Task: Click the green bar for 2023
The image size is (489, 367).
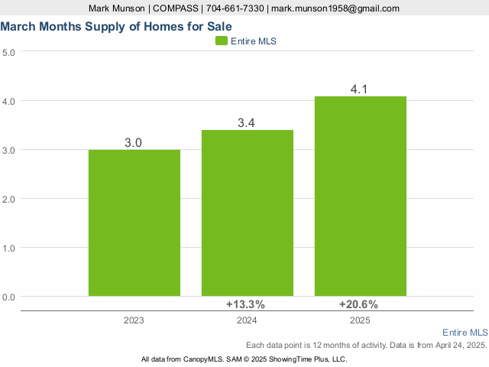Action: point(134,222)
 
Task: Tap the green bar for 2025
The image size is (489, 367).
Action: point(361,196)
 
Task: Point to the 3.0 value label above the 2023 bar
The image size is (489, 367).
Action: point(134,143)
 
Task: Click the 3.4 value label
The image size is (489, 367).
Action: point(246,123)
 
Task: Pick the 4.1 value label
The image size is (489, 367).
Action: point(359,89)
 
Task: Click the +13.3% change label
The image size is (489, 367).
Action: point(245,304)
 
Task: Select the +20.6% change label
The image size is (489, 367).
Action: point(358,304)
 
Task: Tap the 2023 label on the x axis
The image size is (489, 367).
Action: point(134,321)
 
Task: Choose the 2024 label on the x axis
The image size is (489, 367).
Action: point(247,321)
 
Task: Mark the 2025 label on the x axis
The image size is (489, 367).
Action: point(360,321)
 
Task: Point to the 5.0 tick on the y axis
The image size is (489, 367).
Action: point(9,52)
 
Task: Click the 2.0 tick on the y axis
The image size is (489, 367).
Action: point(9,199)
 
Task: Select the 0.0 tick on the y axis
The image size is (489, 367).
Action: point(9,297)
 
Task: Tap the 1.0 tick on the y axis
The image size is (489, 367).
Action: point(9,248)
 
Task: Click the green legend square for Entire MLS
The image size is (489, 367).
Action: point(222,41)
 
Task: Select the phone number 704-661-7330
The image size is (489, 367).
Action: point(235,8)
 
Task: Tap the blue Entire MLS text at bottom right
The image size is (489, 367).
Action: point(465,333)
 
